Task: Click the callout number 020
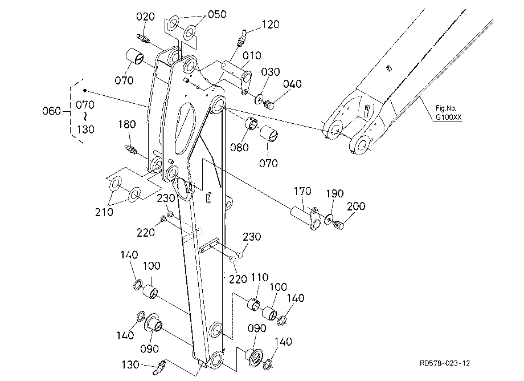click(x=145, y=17)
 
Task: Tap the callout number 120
click(x=271, y=25)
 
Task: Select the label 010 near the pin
click(x=252, y=55)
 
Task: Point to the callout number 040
click(x=292, y=84)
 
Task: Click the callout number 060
click(x=51, y=111)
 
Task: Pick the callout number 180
click(x=127, y=124)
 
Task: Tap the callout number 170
click(x=302, y=191)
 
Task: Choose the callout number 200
click(x=356, y=206)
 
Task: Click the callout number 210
click(x=104, y=212)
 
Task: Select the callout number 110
click(x=260, y=277)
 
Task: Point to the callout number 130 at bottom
click(x=130, y=364)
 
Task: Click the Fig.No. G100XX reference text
click(x=448, y=113)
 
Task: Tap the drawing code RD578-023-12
click(x=445, y=363)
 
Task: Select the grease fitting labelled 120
click(x=241, y=39)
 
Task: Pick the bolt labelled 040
click(x=269, y=104)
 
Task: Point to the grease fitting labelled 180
click(x=131, y=149)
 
